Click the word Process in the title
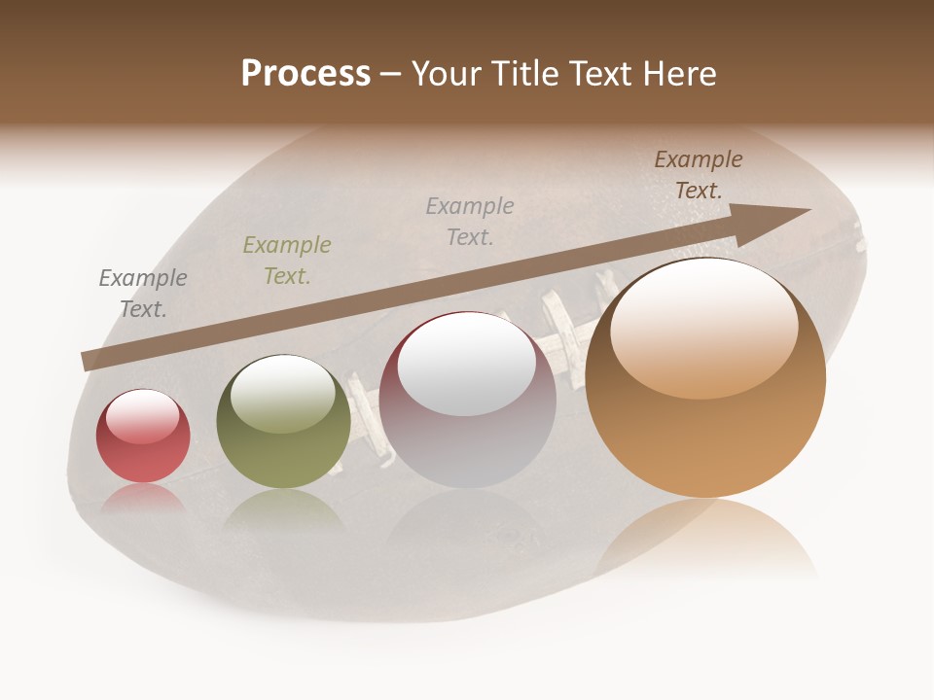pyautogui.click(x=305, y=74)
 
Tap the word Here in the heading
pyautogui.click(x=680, y=74)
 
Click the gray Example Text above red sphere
pyautogui.click(x=143, y=294)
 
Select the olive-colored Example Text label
pyautogui.click(x=287, y=261)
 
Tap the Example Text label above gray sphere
pyautogui.click(x=470, y=221)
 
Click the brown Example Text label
pyautogui.click(x=699, y=175)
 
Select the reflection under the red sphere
pyautogui.click(x=143, y=498)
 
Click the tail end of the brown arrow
pyautogui.click(x=88, y=362)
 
